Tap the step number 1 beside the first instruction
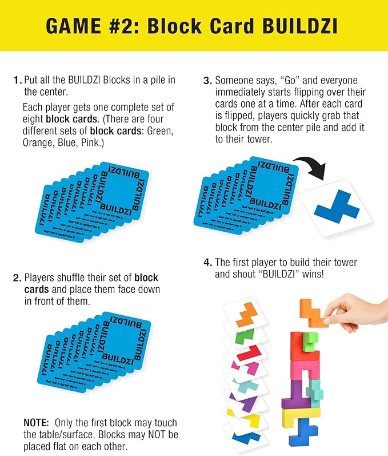pos(17,80)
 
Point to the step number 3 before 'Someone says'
pos(207,81)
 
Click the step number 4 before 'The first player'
pos(207,263)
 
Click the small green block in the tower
pos(310,339)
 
